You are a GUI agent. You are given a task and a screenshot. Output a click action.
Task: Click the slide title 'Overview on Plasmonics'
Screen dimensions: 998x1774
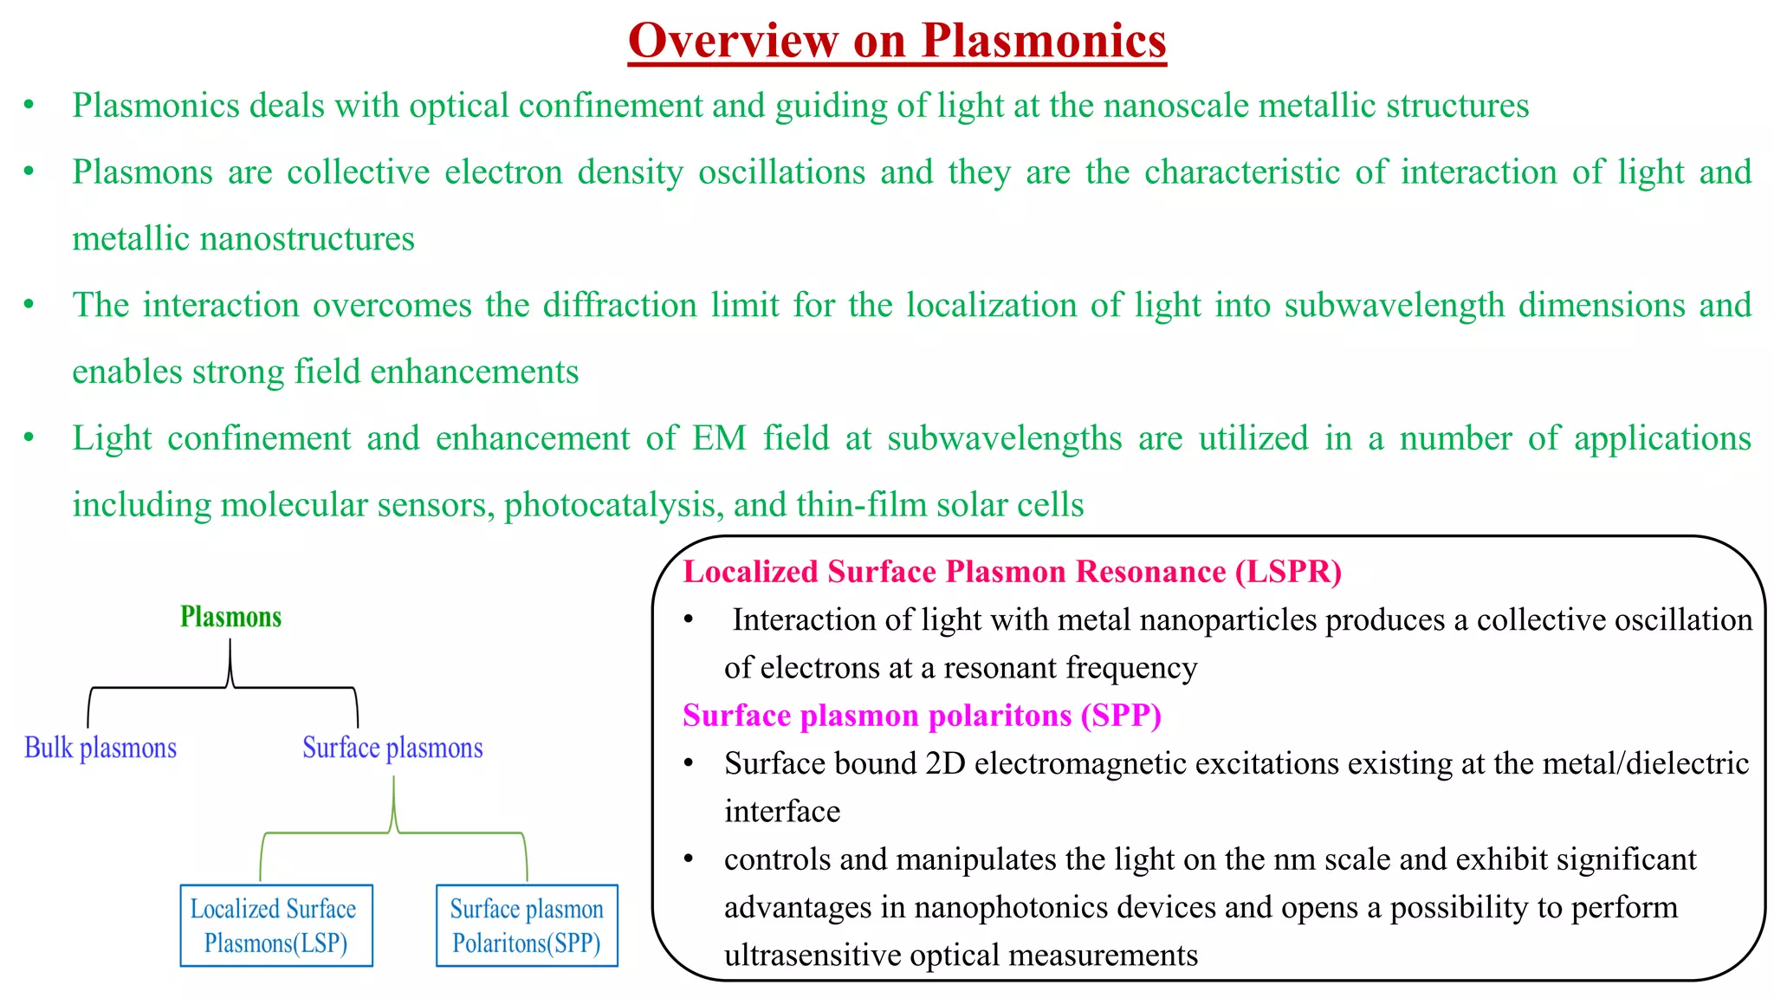pyautogui.click(x=897, y=41)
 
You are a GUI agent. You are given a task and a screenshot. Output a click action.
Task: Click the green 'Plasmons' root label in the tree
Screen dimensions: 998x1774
pyautogui.click(x=230, y=617)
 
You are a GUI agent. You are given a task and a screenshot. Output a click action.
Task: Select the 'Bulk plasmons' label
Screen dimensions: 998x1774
pyautogui.click(x=100, y=748)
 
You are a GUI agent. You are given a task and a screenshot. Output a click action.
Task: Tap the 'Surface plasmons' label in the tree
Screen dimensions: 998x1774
pyautogui.click(x=392, y=748)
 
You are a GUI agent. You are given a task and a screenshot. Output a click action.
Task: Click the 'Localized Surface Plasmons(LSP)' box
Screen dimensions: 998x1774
pyautogui.click(x=275, y=925)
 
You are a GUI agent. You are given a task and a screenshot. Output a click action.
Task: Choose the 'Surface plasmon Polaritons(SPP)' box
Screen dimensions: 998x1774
pyautogui.click(x=527, y=925)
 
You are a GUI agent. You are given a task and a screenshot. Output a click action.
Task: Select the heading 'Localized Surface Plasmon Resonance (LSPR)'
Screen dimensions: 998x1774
pyautogui.click(x=1012, y=572)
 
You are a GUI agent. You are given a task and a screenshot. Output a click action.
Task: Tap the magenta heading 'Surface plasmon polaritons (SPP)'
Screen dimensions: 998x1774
pyautogui.click(x=922, y=716)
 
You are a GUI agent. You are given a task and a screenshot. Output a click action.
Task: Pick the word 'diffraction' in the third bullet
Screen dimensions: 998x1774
pyautogui.click(x=619, y=306)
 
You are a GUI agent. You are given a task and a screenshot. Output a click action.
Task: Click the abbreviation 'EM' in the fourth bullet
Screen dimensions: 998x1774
pyautogui.click(x=719, y=438)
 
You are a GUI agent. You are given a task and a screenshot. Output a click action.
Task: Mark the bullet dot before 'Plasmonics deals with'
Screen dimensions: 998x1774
pyautogui.click(x=29, y=106)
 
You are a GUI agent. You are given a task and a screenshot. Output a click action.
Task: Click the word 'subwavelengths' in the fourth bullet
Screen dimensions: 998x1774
pyautogui.click(x=1005, y=438)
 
